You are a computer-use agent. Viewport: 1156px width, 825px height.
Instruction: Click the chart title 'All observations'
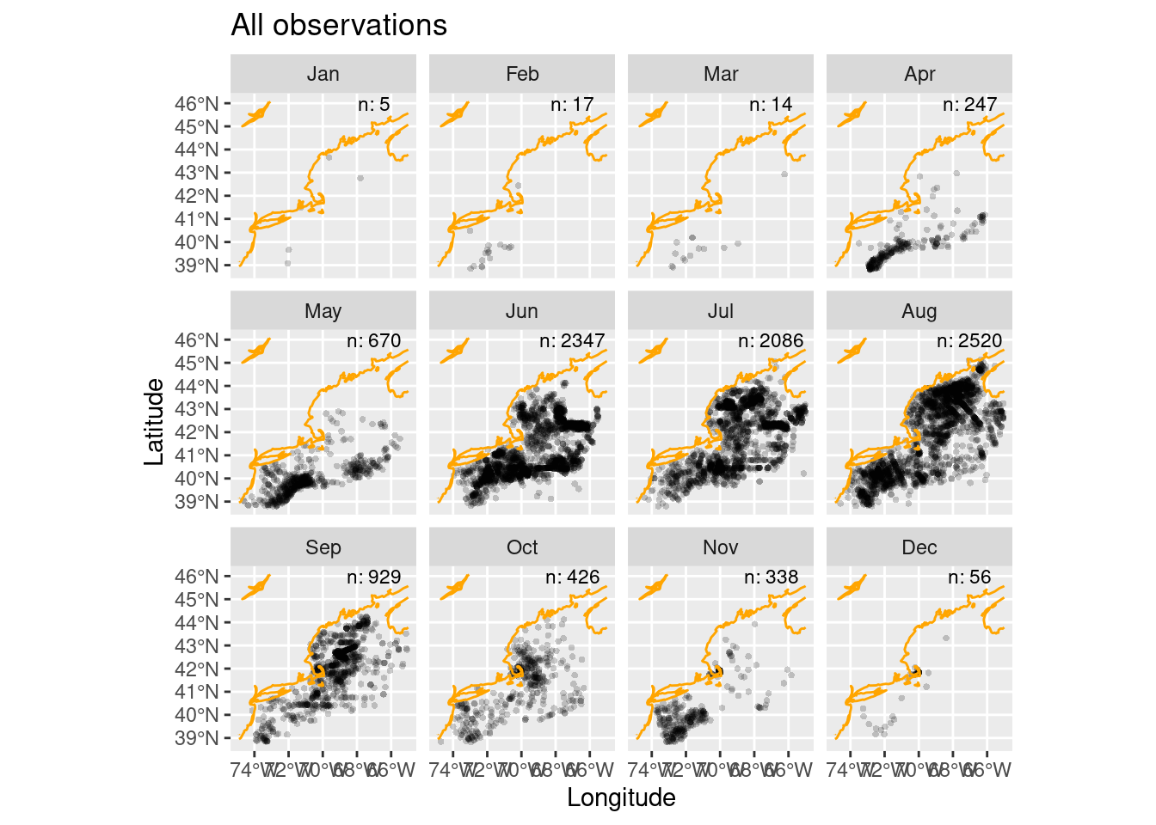pyautogui.click(x=339, y=26)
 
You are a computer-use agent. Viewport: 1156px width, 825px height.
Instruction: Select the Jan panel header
pyautogui.click(x=323, y=74)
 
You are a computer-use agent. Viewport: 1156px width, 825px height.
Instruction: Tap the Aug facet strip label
pyautogui.click(x=919, y=311)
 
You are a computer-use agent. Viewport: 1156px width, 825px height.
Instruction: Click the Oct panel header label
pyautogui.click(x=522, y=547)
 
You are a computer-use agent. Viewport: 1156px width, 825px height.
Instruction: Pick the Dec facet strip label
pyautogui.click(x=919, y=547)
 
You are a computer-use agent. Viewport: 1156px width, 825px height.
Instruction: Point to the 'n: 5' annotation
pyautogui.click(x=373, y=105)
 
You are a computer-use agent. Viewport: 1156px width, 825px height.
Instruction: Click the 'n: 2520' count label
pyautogui.click(x=969, y=341)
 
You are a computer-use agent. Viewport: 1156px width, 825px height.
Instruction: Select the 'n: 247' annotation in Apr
pyautogui.click(x=969, y=105)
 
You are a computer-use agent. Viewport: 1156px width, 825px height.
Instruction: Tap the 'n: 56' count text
pyautogui.click(x=969, y=577)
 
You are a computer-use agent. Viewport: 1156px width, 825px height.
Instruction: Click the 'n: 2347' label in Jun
pyautogui.click(x=572, y=341)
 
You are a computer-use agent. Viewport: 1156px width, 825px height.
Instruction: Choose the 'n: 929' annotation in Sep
pyautogui.click(x=373, y=577)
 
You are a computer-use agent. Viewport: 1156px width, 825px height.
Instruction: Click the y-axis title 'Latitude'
pyautogui.click(x=154, y=421)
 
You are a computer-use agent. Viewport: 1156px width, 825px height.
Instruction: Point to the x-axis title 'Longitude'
pyautogui.click(x=621, y=797)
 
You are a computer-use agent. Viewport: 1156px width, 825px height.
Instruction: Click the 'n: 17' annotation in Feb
pyautogui.click(x=572, y=105)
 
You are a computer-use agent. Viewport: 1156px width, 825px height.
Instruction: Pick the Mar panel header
pyautogui.click(x=721, y=74)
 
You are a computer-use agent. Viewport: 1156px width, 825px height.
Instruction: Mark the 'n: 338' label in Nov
pyautogui.click(x=771, y=577)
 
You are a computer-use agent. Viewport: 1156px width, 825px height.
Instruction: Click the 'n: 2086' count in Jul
pyautogui.click(x=771, y=341)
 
